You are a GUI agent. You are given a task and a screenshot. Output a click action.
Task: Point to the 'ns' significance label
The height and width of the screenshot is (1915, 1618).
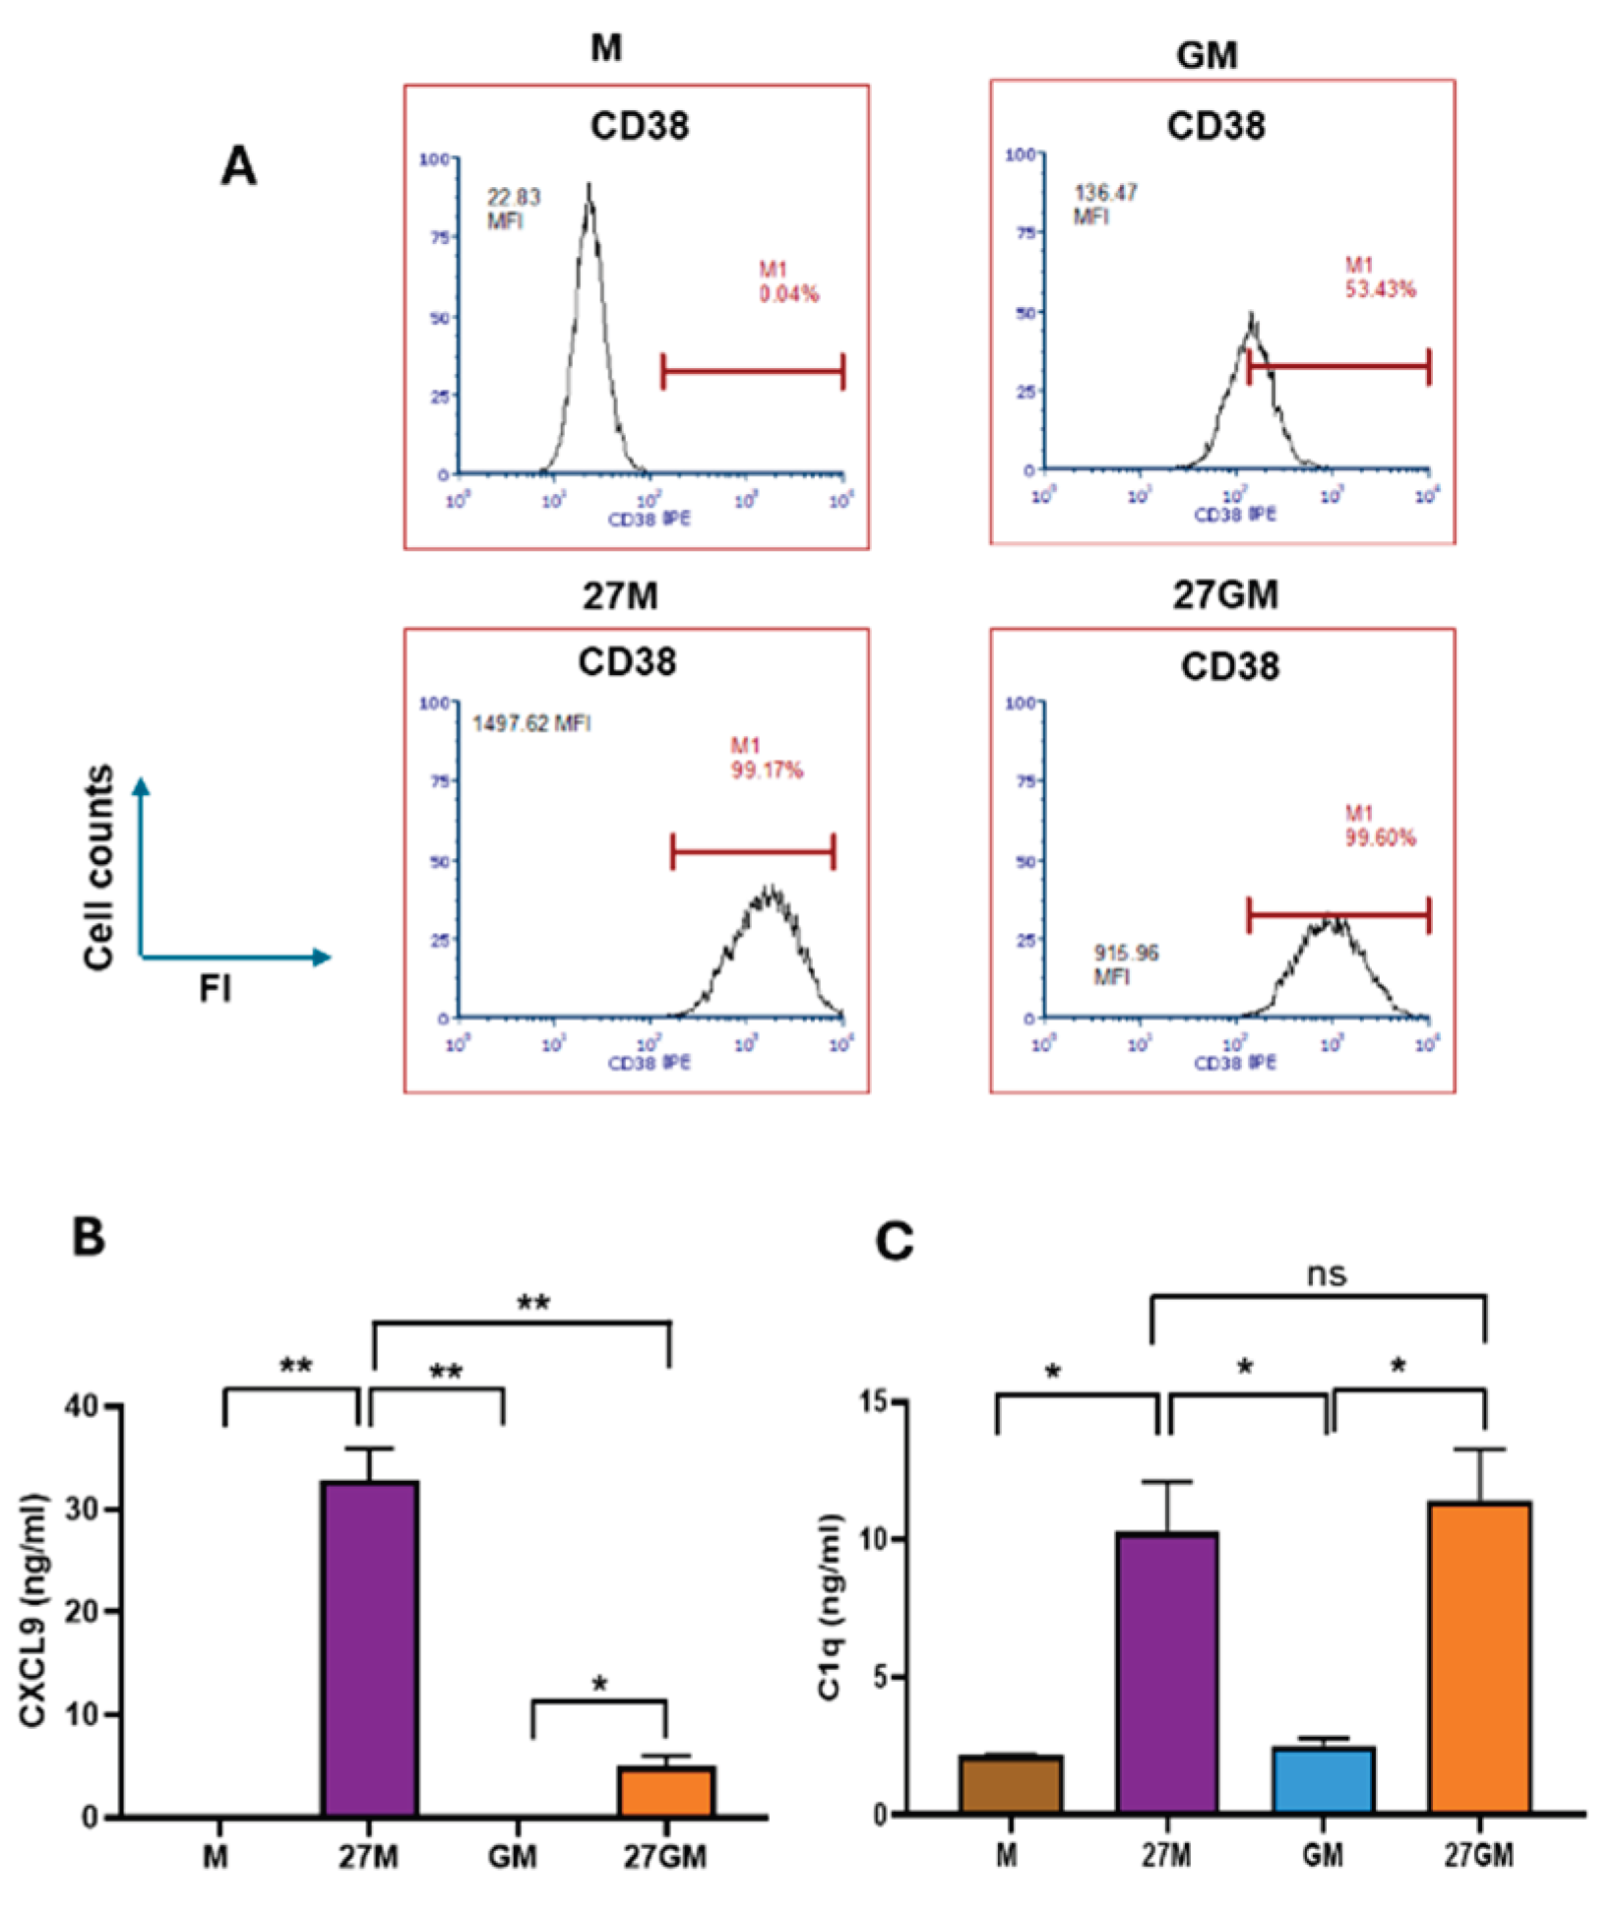coord(1326,1273)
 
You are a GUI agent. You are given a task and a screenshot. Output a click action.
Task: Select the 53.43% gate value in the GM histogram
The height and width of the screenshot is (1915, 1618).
coord(1380,289)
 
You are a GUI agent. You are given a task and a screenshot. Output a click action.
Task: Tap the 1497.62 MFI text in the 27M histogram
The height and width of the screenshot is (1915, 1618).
coord(531,723)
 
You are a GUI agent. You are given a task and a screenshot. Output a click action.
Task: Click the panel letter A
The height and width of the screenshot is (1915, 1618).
coord(238,166)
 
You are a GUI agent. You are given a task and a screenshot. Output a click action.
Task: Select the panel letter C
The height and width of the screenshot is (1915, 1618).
coord(894,1242)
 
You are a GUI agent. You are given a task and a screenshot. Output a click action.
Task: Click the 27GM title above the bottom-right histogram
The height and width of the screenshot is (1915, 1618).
coord(1225,594)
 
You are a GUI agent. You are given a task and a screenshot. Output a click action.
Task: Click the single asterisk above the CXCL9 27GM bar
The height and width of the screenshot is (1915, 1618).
coord(599,1684)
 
